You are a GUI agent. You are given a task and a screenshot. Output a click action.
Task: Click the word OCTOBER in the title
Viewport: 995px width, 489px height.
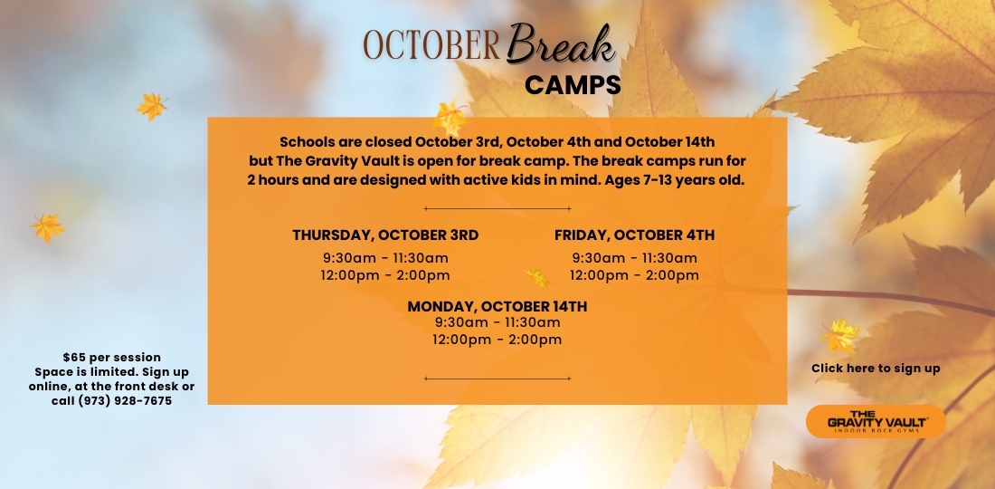pos(431,45)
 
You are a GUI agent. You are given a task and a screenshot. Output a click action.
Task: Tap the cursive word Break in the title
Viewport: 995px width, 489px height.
pos(561,43)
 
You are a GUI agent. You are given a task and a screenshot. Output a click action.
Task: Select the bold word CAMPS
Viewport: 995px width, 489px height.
pos(573,85)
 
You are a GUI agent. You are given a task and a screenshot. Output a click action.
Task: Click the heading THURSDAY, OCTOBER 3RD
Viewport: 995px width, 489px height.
pos(385,235)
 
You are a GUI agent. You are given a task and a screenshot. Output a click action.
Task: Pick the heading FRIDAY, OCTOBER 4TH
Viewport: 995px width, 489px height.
pos(635,235)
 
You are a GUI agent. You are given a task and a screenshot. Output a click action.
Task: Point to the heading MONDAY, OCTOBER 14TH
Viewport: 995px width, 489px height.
pos(497,307)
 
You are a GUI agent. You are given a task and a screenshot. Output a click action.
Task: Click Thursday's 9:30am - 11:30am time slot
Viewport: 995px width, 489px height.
pos(385,258)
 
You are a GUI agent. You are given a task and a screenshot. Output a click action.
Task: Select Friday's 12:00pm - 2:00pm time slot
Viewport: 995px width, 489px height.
pos(635,275)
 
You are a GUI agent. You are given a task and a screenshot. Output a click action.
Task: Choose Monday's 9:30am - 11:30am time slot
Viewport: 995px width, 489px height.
pos(497,322)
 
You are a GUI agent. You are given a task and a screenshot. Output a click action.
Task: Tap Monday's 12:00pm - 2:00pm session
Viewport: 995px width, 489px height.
pos(497,340)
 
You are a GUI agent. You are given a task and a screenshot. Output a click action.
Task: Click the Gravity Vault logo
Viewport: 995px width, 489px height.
pos(876,422)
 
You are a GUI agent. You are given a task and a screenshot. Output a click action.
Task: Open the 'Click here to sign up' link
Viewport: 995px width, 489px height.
pos(876,369)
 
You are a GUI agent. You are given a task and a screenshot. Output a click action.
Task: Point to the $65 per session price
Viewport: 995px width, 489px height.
pos(111,358)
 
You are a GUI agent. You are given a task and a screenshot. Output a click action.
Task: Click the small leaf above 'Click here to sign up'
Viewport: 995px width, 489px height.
pos(841,335)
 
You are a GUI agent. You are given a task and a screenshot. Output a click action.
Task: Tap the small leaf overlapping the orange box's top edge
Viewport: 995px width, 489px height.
pos(450,117)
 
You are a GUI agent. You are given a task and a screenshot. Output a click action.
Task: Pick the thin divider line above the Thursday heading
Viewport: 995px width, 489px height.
pos(497,208)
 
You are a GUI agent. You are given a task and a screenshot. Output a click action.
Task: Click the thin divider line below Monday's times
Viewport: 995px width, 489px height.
pos(497,379)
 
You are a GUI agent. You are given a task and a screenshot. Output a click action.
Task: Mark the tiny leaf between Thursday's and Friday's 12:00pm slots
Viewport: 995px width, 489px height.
pos(536,277)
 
